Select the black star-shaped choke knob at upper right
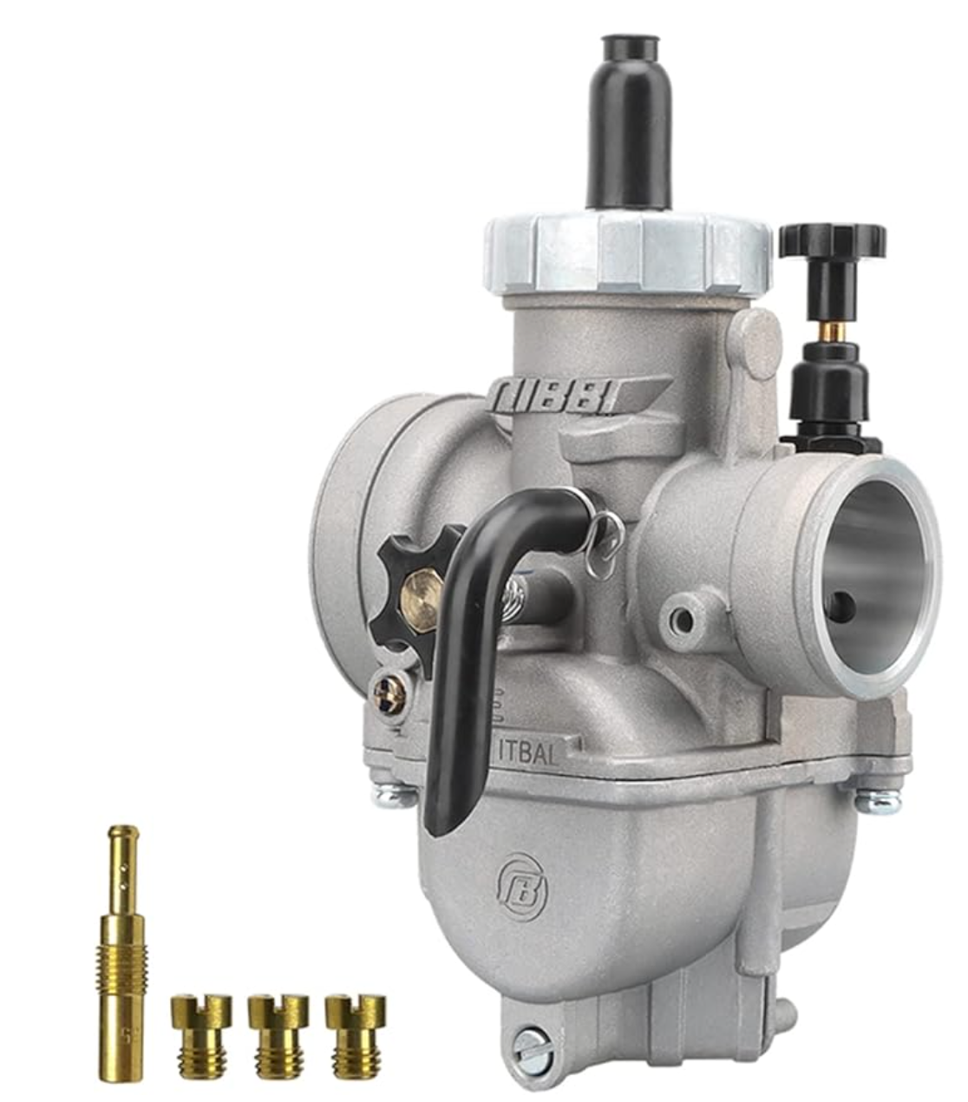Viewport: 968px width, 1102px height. (832, 239)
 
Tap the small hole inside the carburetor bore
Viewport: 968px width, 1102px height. (840, 607)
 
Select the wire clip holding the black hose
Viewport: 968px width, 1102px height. (605, 542)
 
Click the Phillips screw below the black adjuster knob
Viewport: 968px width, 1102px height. (389, 694)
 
